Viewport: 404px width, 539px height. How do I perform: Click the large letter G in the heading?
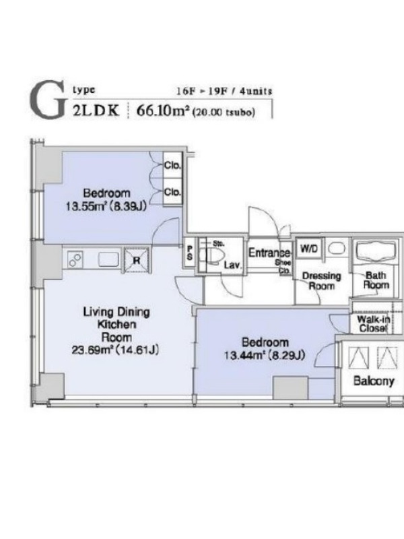click(47, 100)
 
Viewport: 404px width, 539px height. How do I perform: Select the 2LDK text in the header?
click(96, 110)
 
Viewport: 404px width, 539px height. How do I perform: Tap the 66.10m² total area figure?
click(163, 110)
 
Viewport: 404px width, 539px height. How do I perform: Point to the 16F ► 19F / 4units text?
click(224, 91)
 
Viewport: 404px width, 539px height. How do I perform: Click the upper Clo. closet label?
click(172, 165)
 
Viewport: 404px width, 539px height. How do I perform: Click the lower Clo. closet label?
click(172, 192)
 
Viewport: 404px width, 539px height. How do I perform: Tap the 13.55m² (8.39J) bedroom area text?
click(106, 206)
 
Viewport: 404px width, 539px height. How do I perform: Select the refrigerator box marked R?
click(137, 260)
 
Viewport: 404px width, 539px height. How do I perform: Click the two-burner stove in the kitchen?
click(75, 259)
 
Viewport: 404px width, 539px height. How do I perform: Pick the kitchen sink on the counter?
click(108, 259)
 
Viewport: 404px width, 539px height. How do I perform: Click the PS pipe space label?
click(190, 253)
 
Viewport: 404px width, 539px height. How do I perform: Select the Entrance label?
click(269, 253)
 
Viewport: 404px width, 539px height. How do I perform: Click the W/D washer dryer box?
click(309, 248)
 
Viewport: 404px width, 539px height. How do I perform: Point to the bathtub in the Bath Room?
click(376, 251)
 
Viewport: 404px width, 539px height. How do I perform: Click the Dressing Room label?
click(322, 281)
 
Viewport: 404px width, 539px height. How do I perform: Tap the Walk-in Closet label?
click(374, 324)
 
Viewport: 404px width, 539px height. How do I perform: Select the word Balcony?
click(374, 381)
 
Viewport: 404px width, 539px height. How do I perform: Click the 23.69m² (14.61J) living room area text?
click(115, 350)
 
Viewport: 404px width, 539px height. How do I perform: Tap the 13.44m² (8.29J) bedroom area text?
click(265, 355)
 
